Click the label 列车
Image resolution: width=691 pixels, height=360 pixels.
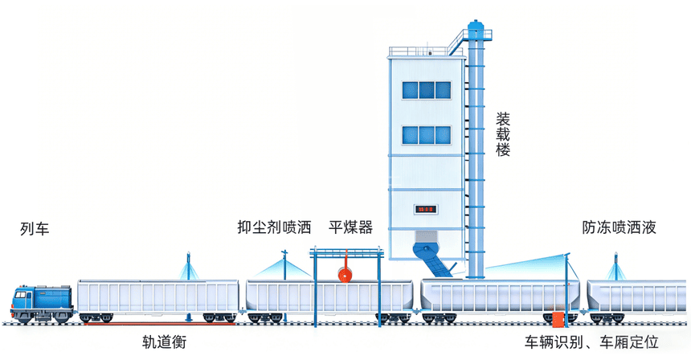(x=35, y=229)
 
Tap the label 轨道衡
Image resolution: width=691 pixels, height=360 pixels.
(x=165, y=342)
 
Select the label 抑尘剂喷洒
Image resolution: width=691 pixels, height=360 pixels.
(x=274, y=227)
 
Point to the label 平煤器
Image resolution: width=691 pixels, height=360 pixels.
(x=350, y=227)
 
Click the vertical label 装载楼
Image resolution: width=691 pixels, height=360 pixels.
(x=503, y=134)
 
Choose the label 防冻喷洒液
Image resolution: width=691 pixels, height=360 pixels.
(x=619, y=227)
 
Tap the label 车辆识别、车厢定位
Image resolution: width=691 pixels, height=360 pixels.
(x=591, y=342)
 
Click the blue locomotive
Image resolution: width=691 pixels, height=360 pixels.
(x=42, y=303)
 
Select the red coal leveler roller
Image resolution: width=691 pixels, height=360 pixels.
(x=345, y=275)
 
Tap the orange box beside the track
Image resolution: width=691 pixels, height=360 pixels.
(x=558, y=320)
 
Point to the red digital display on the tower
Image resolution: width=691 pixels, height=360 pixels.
(x=426, y=209)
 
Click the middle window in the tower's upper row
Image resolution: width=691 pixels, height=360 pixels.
(x=427, y=90)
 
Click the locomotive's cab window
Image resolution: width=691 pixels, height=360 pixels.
(x=21, y=295)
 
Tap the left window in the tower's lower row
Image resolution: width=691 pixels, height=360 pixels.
(x=410, y=135)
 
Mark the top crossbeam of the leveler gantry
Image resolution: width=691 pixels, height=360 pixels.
(x=346, y=253)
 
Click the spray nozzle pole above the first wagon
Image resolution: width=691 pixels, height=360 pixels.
(x=188, y=266)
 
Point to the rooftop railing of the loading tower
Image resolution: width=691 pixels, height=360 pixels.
(x=426, y=51)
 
